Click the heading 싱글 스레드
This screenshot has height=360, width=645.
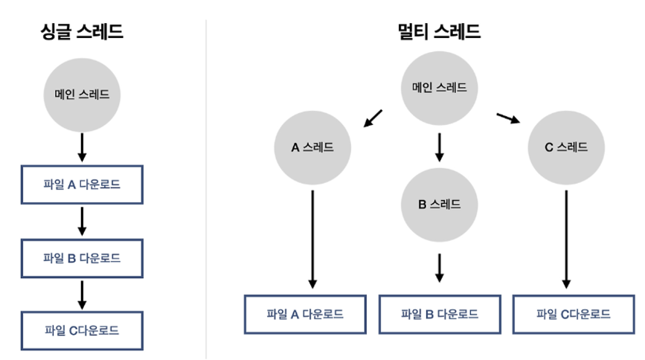coord(82,32)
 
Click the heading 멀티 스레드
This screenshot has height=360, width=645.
coord(439,32)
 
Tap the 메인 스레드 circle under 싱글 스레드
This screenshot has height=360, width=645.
coord(82,94)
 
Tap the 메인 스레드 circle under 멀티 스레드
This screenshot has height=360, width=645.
coord(439,88)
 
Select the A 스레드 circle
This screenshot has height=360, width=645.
coord(312,147)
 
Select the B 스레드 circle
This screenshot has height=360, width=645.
coord(439,204)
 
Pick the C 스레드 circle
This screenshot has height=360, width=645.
coord(566,147)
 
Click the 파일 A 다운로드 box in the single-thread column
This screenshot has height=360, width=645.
coord(82,184)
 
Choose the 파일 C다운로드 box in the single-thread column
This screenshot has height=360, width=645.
coord(82,330)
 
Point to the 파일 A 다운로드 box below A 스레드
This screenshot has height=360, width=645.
coord(305,313)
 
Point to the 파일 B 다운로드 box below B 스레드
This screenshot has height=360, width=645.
coord(439,313)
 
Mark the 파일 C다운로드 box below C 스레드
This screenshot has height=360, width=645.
coord(574,313)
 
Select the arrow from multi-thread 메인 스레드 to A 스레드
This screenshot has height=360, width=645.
coord(373,119)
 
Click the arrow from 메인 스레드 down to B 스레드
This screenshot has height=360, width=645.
coord(439,147)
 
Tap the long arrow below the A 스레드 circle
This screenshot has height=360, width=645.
coord(312,238)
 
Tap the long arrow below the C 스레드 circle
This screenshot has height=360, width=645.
coord(566,238)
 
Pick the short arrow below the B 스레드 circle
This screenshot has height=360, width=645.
coord(439,267)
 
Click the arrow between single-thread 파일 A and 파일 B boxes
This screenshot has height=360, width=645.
coord(82,221)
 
